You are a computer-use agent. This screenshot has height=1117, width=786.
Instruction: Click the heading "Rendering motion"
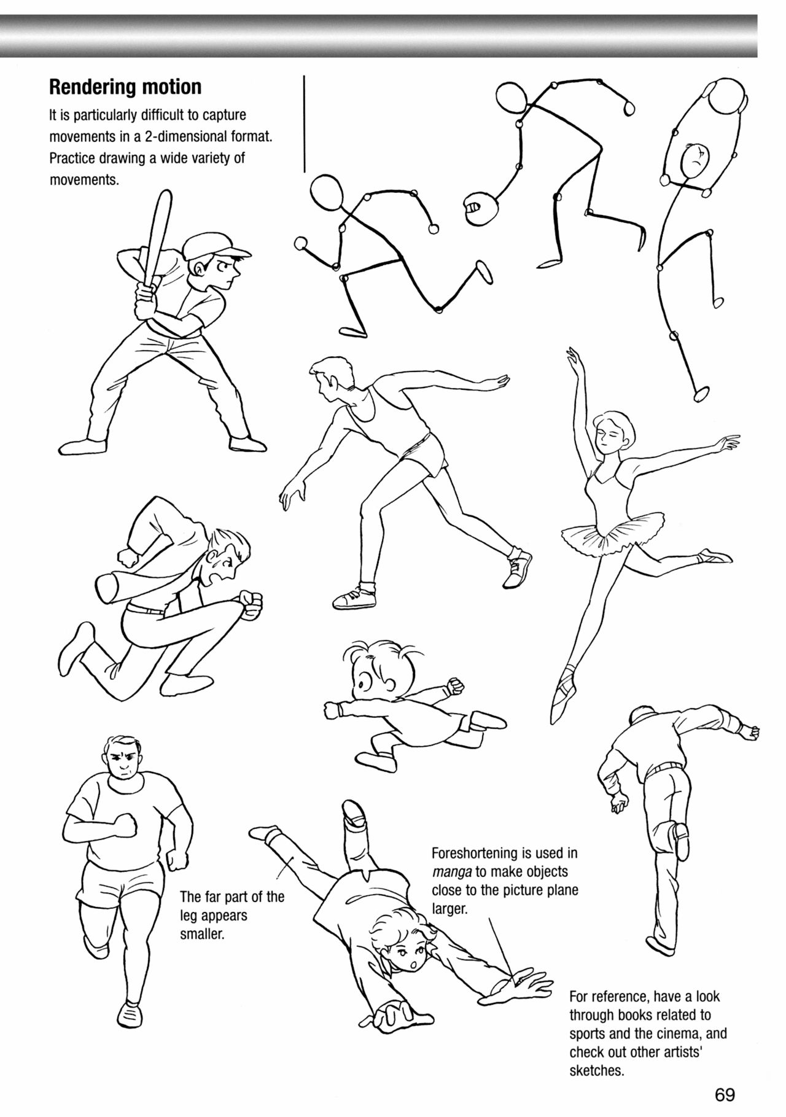[125, 88]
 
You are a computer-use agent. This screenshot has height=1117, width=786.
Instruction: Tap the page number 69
[725, 1094]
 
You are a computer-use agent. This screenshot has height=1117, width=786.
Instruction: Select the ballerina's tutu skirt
[614, 528]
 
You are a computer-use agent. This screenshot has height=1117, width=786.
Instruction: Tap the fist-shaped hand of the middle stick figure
[478, 209]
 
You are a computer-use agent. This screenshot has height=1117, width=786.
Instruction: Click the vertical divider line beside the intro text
[305, 123]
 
